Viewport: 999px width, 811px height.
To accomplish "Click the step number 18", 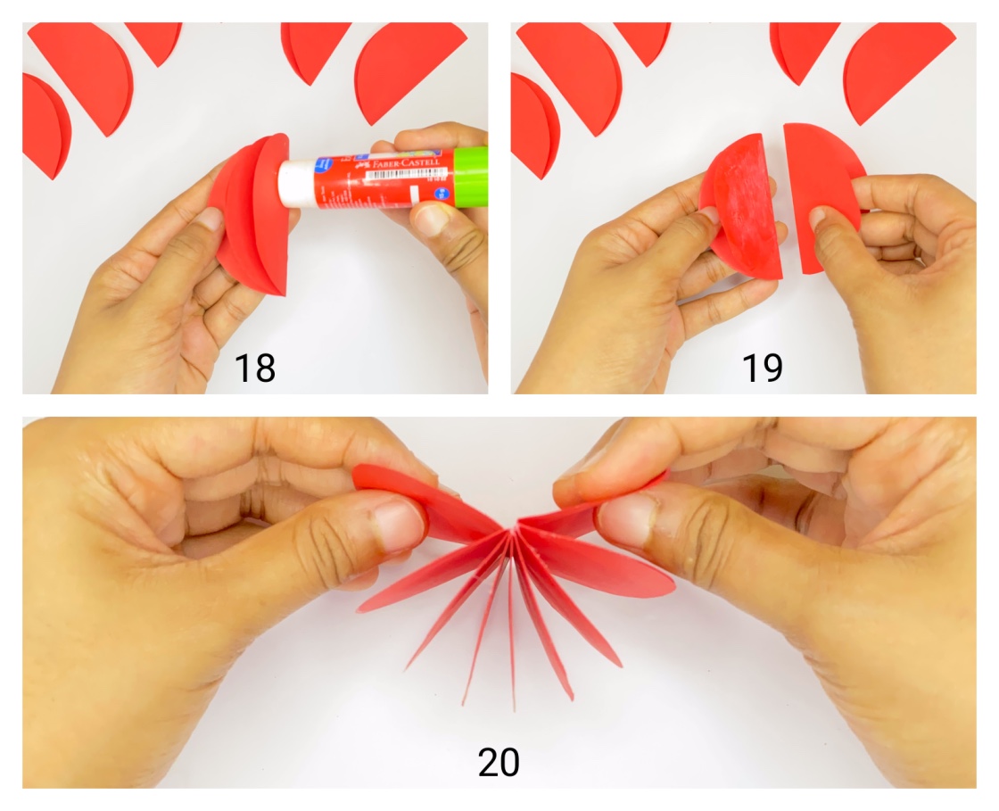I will coord(254,368).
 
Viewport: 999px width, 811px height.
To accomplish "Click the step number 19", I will coord(763,368).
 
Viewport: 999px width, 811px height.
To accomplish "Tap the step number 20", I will coord(499,763).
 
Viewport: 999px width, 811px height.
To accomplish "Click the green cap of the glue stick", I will coord(470,177).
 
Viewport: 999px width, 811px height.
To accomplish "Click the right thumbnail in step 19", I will coord(821,218).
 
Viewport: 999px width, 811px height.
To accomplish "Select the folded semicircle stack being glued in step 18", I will coord(254,214).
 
